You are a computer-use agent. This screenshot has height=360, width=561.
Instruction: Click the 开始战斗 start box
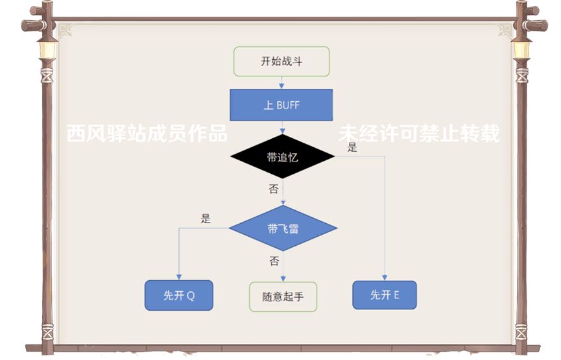281,62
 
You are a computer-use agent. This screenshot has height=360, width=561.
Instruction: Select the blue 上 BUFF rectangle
281,105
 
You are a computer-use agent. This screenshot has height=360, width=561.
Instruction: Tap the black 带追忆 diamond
282,157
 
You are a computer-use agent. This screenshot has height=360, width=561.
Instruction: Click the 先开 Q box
178,296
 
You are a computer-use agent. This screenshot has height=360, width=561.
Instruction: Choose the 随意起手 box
283,296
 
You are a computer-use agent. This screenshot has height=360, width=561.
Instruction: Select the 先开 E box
385,295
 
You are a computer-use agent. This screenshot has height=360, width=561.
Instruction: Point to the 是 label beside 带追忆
352,147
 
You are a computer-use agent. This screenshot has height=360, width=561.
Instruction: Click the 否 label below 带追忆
274,189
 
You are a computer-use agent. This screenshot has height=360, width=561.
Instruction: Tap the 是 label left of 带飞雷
206,219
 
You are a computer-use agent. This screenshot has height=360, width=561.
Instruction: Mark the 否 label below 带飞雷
274,261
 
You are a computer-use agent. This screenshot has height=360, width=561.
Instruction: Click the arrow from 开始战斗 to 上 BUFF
281,83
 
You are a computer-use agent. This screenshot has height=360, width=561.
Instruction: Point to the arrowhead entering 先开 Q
178,278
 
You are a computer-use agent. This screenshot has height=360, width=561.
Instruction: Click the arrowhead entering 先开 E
385,277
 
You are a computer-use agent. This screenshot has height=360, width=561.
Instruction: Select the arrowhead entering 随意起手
283,278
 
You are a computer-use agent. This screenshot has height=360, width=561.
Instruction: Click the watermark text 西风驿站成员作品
147,134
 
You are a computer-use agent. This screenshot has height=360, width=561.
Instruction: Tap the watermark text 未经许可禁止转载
419,134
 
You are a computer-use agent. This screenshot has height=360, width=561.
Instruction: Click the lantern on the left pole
47,49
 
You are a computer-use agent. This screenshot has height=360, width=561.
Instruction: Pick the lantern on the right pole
521,49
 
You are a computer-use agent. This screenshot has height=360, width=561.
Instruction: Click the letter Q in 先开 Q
190,296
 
